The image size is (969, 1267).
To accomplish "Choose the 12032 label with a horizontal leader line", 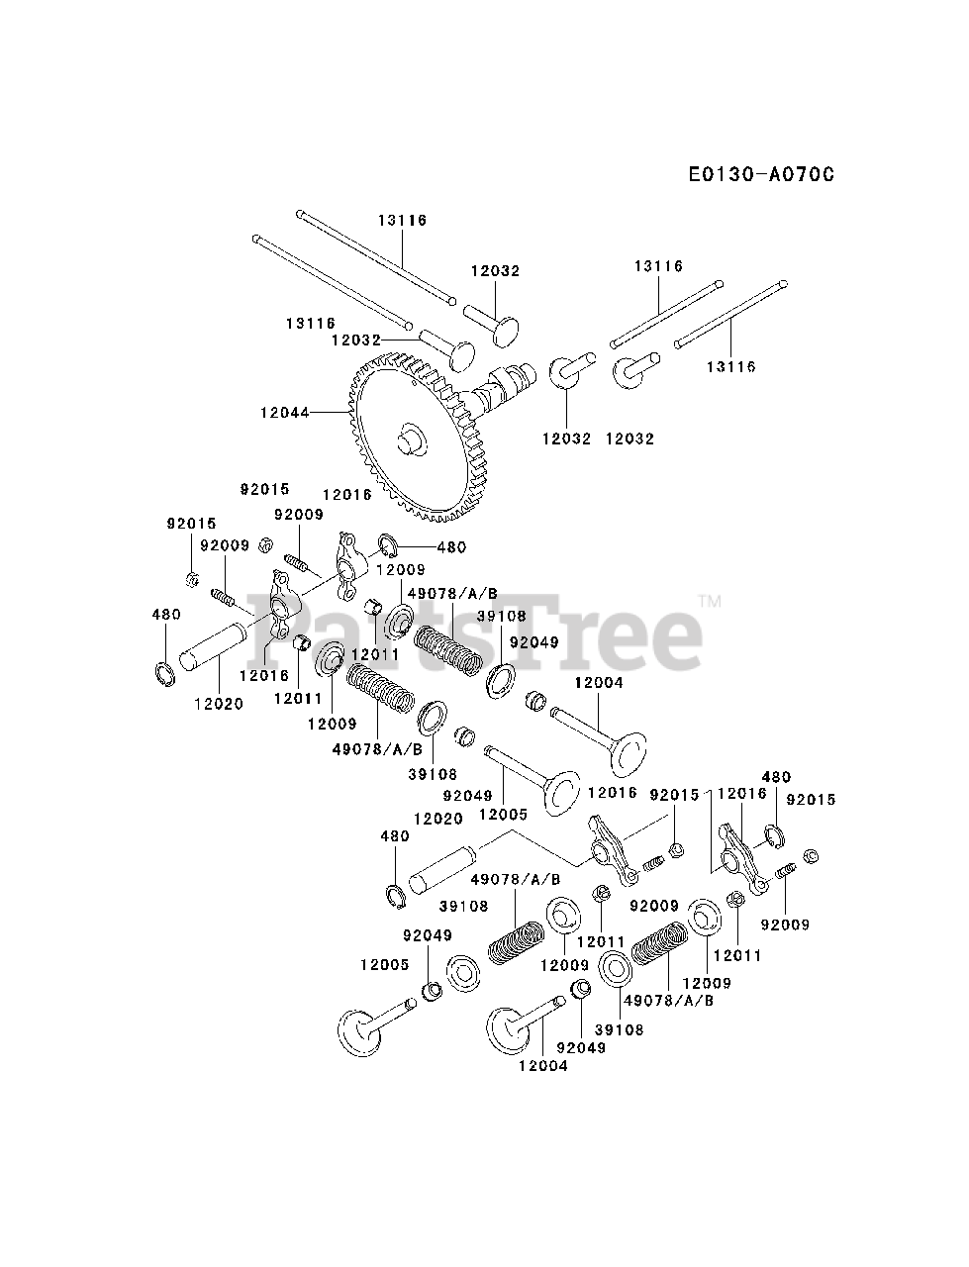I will tap(356, 339).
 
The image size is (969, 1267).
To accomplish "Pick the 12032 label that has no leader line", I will tap(630, 438).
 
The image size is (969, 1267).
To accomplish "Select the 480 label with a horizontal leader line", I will tap(450, 546).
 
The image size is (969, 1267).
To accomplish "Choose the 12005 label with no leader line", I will tap(384, 963).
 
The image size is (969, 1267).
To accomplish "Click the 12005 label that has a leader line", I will tap(503, 814).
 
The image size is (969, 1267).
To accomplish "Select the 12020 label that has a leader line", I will tap(218, 703).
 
